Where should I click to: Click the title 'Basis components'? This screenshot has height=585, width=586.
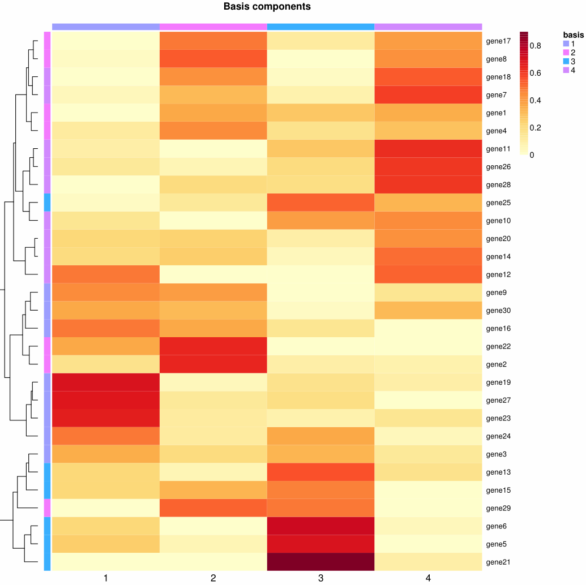pyautogui.click(x=267, y=7)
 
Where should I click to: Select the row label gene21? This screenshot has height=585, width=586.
pyautogui.click(x=499, y=562)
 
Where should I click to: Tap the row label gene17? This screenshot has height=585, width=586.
pyautogui.click(x=499, y=41)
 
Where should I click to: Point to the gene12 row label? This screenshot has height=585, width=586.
pyautogui.click(x=499, y=274)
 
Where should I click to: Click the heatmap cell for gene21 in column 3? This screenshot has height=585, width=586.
pyautogui.click(x=320, y=561)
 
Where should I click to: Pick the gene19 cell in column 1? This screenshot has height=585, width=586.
pyautogui.click(x=106, y=382)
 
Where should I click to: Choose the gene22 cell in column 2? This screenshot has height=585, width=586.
pyautogui.click(x=213, y=346)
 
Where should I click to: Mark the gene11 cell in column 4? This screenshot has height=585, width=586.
pyautogui.click(x=428, y=149)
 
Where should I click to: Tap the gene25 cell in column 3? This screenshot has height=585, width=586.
pyautogui.click(x=320, y=203)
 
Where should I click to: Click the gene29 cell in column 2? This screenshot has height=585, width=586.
pyautogui.click(x=213, y=507)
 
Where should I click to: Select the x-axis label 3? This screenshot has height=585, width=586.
pyautogui.click(x=320, y=578)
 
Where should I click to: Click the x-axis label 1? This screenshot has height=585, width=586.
pyautogui.click(x=106, y=578)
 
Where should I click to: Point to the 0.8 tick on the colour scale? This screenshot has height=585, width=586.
pyautogui.click(x=535, y=45)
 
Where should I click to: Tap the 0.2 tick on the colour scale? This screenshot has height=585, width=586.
pyautogui.click(x=535, y=127)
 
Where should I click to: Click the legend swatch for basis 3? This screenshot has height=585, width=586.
pyautogui.click(x=566, y=61)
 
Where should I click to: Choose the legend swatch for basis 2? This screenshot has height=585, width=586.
pyautogui.click(x=566, y=53)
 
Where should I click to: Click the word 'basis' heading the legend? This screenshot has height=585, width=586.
pyautogui.click(x=573, y=35)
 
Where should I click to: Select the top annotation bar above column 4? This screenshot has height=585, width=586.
pyautogui.click(x=428, y=27)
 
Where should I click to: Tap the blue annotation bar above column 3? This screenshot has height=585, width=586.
pyautogui.click(x=320, y=27)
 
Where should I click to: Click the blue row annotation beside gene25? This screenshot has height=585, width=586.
pyautogui.click(x=48, y=203)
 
